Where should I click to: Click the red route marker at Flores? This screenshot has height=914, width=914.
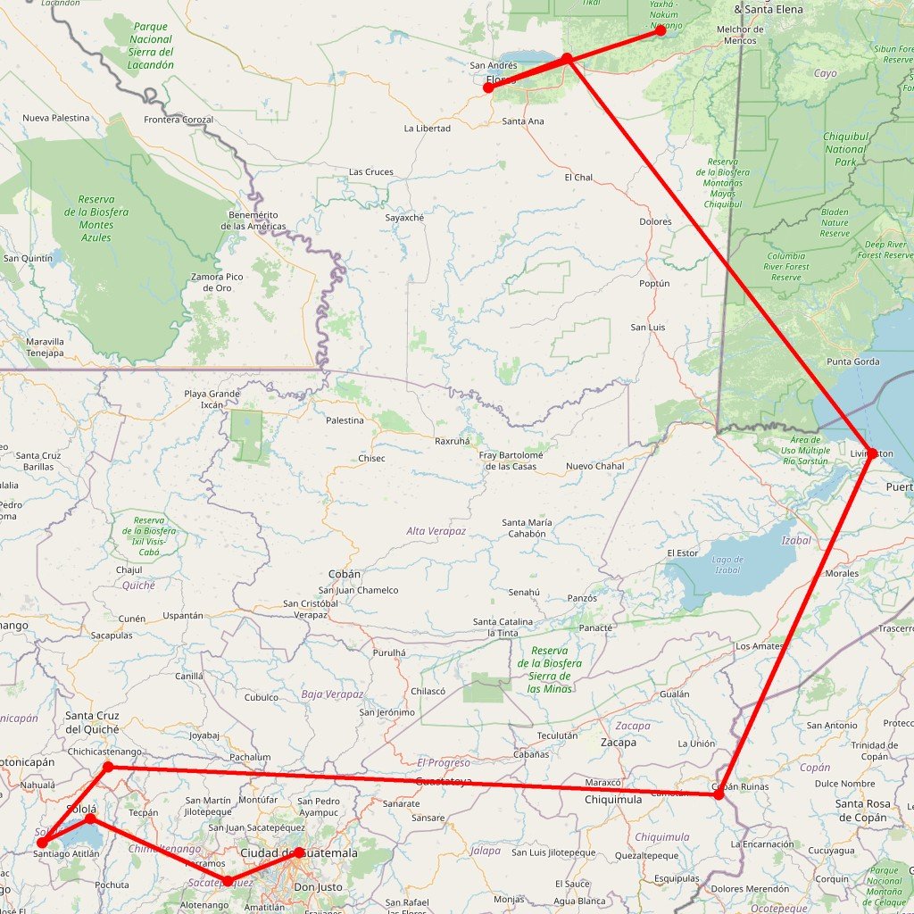pyautogui.click(x=488, y=88)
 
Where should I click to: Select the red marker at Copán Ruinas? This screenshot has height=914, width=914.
pyautogui.click(x=719, y=794)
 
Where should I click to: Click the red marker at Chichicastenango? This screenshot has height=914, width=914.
pyautogui.click(x=108, y=767)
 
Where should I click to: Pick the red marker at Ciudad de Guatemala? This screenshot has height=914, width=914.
pyautogui.click(x=299, y=852)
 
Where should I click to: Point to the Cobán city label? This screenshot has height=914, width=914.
pyautogui.click(x=345, y=574)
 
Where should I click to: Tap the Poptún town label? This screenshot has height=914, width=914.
pyautogui.click(x=654, y=283)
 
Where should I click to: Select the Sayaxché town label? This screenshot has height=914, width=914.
pyautogui.click(x=404, y=218)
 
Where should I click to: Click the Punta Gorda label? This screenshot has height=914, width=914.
pyautogui.click(x=853, y=362)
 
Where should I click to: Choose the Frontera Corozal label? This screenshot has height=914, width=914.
pyautogui.click(x=179, y=120)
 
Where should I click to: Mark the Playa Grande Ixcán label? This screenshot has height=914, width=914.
pyautogui.click(x=212, y=399)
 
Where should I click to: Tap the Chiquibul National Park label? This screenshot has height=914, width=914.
pyautogui.click(x=844, y=150)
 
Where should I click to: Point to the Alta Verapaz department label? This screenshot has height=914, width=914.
pyautogui.click(x=436, y=531)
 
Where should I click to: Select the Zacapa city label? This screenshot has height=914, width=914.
pyautogui.click(x=619, y=743)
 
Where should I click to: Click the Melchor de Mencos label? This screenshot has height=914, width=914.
pyautogui.click(x=741, y=35)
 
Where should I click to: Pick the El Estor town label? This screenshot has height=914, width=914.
pyautogui.click(x=682, y=553)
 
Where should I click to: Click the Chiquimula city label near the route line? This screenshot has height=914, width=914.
pyautogui.click(x=613, y=800)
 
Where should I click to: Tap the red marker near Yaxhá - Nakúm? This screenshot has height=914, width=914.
pyautogui.click(x=661, y=29)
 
